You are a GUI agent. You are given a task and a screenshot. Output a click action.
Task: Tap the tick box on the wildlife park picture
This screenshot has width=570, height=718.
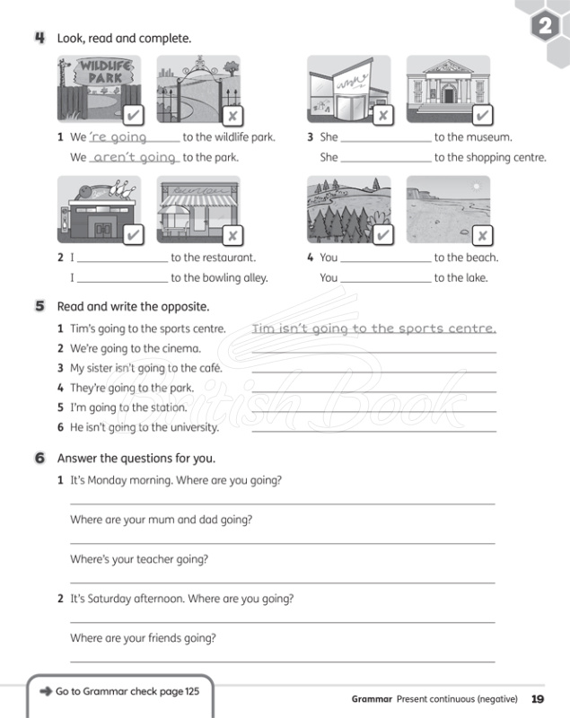132,116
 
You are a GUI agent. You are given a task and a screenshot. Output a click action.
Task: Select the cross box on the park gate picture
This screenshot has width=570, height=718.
232,116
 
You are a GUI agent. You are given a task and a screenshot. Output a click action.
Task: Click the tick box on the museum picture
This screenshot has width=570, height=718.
481,116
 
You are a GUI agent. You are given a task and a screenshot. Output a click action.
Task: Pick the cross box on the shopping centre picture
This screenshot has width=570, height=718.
381,116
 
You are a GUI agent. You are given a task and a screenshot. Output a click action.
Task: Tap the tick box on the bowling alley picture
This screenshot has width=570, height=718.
132,235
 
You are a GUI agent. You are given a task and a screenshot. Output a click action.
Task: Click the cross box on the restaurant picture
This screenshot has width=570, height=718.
232,235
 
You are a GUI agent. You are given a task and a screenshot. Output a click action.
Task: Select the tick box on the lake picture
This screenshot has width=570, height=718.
381,235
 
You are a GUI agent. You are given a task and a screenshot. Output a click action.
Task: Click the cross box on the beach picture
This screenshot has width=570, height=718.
481,235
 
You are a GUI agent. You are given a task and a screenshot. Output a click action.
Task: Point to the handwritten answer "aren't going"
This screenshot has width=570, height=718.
135,157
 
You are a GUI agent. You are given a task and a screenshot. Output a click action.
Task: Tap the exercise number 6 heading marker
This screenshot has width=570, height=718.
40,458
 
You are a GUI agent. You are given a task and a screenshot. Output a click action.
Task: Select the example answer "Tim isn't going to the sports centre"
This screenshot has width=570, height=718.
373,328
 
